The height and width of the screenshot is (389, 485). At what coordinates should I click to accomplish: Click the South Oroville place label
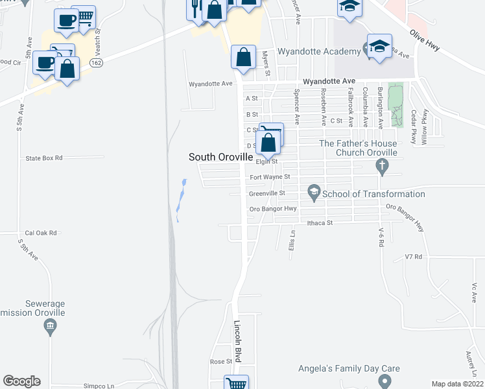coord(219,157)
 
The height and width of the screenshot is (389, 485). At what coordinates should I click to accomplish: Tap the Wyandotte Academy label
coord(318,52)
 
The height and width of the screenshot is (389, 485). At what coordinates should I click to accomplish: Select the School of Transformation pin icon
coord(314,193)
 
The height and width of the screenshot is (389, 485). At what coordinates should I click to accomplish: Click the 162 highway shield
coord(97,62)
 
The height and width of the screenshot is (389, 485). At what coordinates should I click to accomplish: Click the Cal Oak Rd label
coord(41,233)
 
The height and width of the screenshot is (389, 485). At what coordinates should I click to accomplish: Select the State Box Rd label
coord(43,158)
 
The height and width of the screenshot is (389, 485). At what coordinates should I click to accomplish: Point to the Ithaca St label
coord(319,222)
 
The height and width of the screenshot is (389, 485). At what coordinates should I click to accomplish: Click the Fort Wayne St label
coord(269,176)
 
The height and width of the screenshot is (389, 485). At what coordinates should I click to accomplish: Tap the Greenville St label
coord(267,193)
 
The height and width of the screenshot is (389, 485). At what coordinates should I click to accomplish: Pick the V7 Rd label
coord(413,257)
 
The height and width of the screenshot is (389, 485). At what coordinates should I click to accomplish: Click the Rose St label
coord(220,361)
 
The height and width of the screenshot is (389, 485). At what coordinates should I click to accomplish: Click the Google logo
coord(21,381)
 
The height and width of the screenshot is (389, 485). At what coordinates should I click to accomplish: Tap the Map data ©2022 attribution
coord(458,384)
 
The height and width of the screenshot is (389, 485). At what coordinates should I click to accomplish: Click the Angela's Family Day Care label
coord(349,368)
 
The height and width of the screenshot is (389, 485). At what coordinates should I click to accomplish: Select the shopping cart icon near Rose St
coord(236,383)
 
